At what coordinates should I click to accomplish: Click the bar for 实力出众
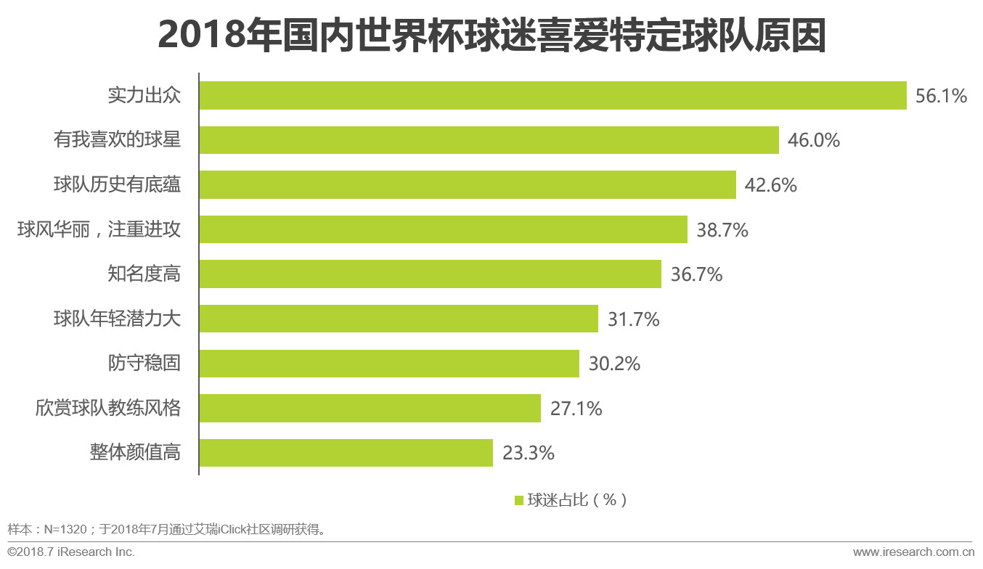552,95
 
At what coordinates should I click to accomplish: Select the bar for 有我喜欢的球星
489,140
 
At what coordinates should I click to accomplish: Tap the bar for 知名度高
430,274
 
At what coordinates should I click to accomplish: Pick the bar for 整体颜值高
346,453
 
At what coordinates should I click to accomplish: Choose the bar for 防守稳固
389,364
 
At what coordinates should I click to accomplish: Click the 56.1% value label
941,96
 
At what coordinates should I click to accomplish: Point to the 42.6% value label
770,185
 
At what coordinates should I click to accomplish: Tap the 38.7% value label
722,230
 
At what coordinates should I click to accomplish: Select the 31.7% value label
633,319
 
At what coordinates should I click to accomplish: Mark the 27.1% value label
576,409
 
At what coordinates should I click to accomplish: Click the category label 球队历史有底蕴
117,185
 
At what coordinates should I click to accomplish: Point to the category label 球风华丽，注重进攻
99,230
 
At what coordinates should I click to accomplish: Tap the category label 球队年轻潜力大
117,319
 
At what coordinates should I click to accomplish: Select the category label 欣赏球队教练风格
107,409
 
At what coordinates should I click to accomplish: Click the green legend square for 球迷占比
518,500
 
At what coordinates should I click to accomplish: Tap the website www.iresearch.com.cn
913,552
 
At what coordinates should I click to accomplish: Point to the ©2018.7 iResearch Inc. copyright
71,552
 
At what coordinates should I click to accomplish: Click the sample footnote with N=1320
167,528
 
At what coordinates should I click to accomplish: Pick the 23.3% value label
528,454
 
